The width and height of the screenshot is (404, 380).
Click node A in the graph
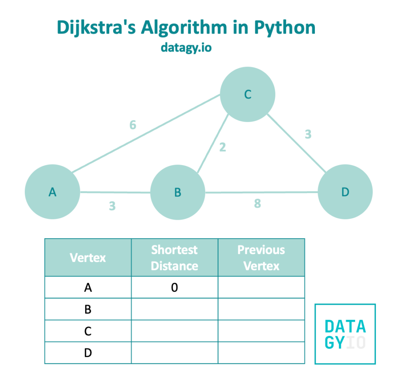(52, 192)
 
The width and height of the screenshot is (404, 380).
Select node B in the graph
(178, 192)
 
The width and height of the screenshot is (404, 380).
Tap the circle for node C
(247, 95)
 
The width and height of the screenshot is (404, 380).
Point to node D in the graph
(345, 192)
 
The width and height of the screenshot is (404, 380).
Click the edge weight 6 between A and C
(133, 125)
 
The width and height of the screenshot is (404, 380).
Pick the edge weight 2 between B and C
(223, 147)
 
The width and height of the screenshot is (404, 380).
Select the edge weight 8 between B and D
(257, 204)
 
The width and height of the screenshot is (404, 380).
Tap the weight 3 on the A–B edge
(112, 206)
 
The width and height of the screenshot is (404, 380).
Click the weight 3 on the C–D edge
(308, 134)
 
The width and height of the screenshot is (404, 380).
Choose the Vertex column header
(88, 258)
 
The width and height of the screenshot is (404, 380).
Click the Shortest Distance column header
(174, 258)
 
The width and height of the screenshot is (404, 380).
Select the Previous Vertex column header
(261, 258)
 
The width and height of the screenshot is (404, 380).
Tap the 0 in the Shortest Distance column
(174, 288)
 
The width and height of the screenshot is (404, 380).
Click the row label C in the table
(88, 331)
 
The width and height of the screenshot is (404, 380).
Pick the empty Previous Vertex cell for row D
(261, 353)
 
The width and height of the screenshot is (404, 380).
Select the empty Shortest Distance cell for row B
(174, 310)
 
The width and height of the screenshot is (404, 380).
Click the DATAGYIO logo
(345, 334)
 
